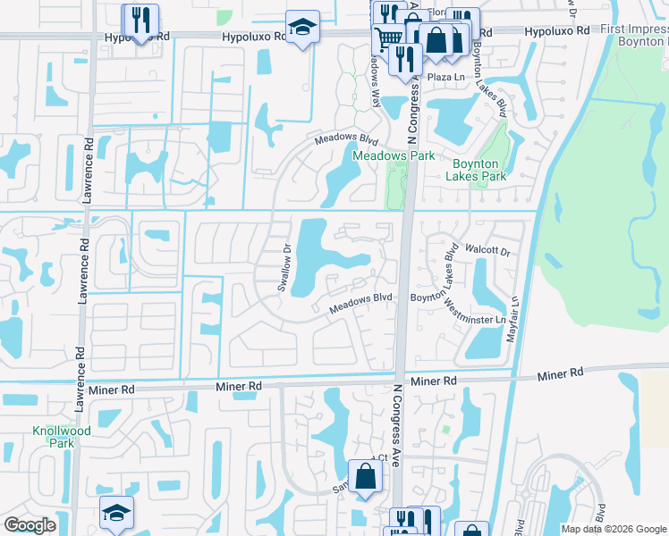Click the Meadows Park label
click(394, 155)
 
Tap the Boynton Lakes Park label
click(479, 170)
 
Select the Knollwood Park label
click(53, 436)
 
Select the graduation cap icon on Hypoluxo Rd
click(302, 27)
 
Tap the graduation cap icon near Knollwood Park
click(116, 512)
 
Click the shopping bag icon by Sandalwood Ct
click(365, 475)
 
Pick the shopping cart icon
click(387, 38)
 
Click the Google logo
click(30, 525)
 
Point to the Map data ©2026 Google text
click(613, 529)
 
